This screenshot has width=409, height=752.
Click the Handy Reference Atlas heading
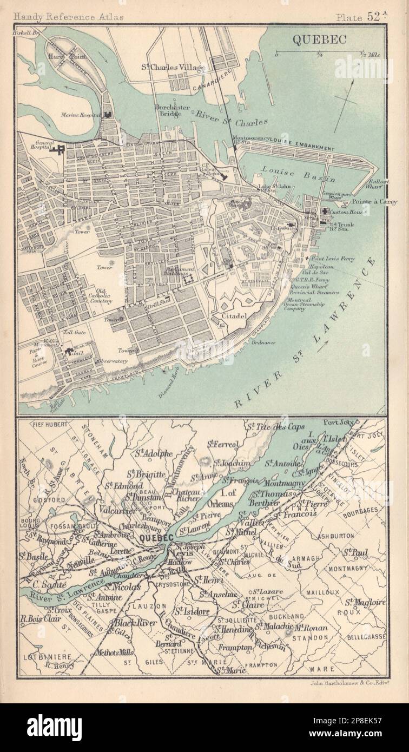coord(63,17)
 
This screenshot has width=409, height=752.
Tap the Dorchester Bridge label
coord(173,111)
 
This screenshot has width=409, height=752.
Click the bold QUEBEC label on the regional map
coord(156,537)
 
